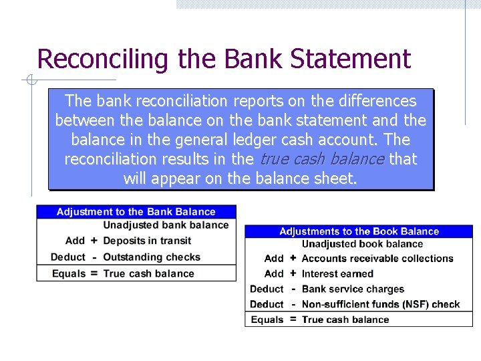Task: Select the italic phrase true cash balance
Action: (321, 159)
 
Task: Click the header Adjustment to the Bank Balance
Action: (136, 212)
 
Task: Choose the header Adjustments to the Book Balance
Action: (359, 231)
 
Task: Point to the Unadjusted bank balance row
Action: (166, 225)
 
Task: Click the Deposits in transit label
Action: (147, 241)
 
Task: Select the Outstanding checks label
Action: (152, 257)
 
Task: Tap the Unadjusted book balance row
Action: (362, 244)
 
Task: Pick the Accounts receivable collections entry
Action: (377, 259)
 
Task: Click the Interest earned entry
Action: (337, 274)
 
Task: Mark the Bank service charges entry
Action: (353, 289)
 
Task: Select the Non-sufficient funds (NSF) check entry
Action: (381, 305)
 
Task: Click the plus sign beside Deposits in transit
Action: (94, 241)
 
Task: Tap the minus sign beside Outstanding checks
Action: (94, 257)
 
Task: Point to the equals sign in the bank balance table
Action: (94, 273)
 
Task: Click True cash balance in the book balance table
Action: (345, 320)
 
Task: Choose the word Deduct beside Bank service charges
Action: (267, 289)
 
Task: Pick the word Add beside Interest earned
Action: (274, 274)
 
